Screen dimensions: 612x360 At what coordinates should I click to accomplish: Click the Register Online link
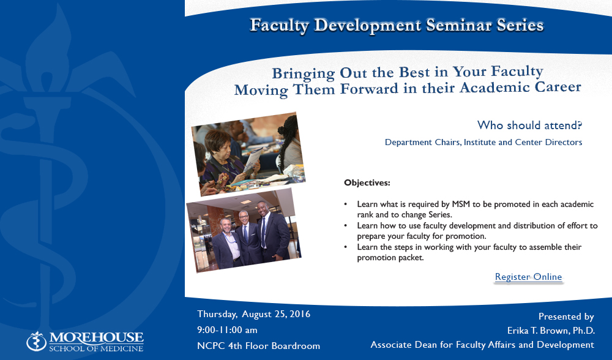click(529, 277)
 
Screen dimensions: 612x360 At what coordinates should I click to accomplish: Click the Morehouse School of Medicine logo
click(85, 342)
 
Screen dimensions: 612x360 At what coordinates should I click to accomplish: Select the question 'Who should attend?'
click(529, 126)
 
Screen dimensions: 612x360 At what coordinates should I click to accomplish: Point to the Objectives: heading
click(367, 182)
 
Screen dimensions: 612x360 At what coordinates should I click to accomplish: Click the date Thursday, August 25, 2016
click(254, 314)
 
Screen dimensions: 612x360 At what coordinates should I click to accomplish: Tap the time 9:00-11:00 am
click(227, 330)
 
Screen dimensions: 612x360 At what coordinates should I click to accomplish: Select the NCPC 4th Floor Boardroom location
click(258, 346)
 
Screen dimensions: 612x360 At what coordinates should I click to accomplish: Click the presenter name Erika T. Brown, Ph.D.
click(551, 331)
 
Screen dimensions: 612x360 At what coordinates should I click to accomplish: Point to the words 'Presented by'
click(566, 317)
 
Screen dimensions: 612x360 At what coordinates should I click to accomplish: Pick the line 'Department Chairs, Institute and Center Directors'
click(483, 142)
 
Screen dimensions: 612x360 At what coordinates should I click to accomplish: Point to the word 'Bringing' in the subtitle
click(304, 74)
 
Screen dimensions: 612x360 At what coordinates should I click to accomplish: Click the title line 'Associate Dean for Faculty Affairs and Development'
click(482, 345)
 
